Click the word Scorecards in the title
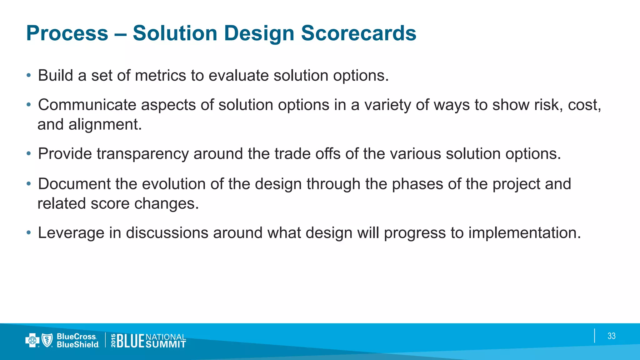coord(358,33)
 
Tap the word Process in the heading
coord(67,33)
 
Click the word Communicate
coord(87,105)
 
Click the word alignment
coord(105,125)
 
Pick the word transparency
coord(142,154)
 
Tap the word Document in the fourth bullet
coord(74,184)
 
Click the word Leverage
coord(71,233)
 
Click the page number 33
coord(611,336)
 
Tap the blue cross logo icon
coord(32,340)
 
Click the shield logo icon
coord(47,340)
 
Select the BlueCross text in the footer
coord(77,337)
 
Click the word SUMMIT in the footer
coord(166,344)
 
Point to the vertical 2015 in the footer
coord(113,341)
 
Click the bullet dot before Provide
coord(29,154)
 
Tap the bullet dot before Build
coord(29,76)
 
